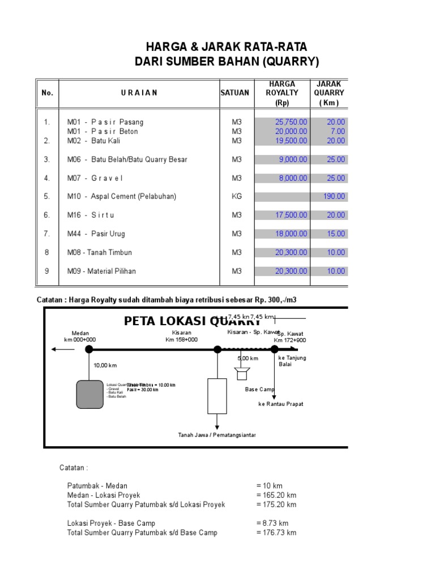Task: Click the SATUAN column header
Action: pos(234,93)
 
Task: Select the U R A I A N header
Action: pos(139,93)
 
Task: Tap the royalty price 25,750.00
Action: pos(291,122)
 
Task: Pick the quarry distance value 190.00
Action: pos(334,197)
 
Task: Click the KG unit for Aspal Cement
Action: pos(236,197)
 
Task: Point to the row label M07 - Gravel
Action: pos(95,178)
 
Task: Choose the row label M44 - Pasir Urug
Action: pos(96,234)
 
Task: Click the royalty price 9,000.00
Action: pos(293,159)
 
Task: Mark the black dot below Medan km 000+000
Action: pos(89,349)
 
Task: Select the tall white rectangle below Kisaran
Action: pos(217,396)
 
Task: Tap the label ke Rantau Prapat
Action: pos(280,404)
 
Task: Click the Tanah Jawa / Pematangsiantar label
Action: pos(217,435)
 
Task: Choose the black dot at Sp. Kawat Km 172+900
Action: pos(275,349)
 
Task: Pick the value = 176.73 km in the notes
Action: pos(276,533)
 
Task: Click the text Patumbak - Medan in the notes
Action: pos(97,486)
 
